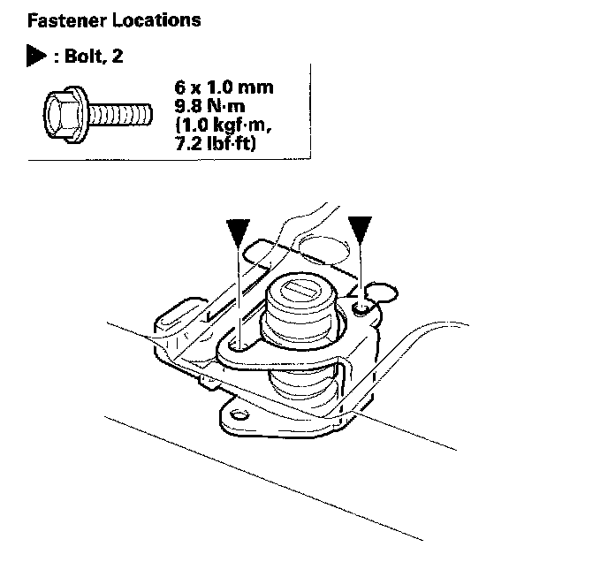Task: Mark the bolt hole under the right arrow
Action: [x=360, y=307]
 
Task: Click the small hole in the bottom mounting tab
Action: [x=235, y=414]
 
